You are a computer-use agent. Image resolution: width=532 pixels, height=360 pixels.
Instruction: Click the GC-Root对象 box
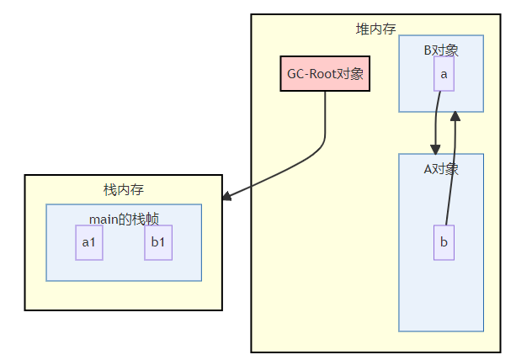pyautogui.click(x=325, y=73)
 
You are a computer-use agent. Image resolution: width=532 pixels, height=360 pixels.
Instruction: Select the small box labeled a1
pyautogui.click(x=88, y=242)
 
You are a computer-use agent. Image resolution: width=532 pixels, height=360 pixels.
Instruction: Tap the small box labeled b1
pyautogui.click(x=158, y=242)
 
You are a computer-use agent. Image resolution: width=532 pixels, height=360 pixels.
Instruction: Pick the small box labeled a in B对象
pyautogui.click(x=444, y=74)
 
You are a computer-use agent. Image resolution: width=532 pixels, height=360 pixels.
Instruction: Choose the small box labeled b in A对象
pyautogui.click(x=444, y=242)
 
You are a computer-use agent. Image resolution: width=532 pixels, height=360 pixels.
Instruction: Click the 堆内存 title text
pyautogui.click(x=375, y=29)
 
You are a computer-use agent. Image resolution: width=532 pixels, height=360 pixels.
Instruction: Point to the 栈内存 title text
pyautogui.click(x=123, y=189)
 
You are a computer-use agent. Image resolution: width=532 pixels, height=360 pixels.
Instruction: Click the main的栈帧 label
pyautogui.click(x=124, y=219)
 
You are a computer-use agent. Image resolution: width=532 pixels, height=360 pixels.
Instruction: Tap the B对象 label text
pyautogui.click(x=441, y=50)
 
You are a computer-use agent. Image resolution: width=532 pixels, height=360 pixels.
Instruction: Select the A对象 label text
pyautogui.click(x=441, y=168)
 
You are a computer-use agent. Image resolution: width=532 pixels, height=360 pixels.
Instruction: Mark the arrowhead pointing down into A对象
pyautogui.click(x=435, y=149)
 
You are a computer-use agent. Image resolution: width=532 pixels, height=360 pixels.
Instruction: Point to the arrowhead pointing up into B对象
pyautogui.click(x=455, y=116)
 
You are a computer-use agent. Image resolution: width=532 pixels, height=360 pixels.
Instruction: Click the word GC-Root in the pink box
pyautogui.click(x=311, y=73)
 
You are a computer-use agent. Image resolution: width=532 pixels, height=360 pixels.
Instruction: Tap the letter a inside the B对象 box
pyautogui.click(x=444, y=74)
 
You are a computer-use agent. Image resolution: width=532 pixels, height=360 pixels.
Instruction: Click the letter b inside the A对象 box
pyautogui.click(x=444, y=242)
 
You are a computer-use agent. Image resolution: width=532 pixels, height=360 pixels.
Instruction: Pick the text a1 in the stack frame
pyautogui.click(x=88, y=242)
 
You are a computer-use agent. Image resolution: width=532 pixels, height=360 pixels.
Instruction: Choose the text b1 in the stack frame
pyautogui.click(x=158, y=242)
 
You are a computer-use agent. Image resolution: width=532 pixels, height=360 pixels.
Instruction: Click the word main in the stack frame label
pyautogui.click(x=103, y=219)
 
